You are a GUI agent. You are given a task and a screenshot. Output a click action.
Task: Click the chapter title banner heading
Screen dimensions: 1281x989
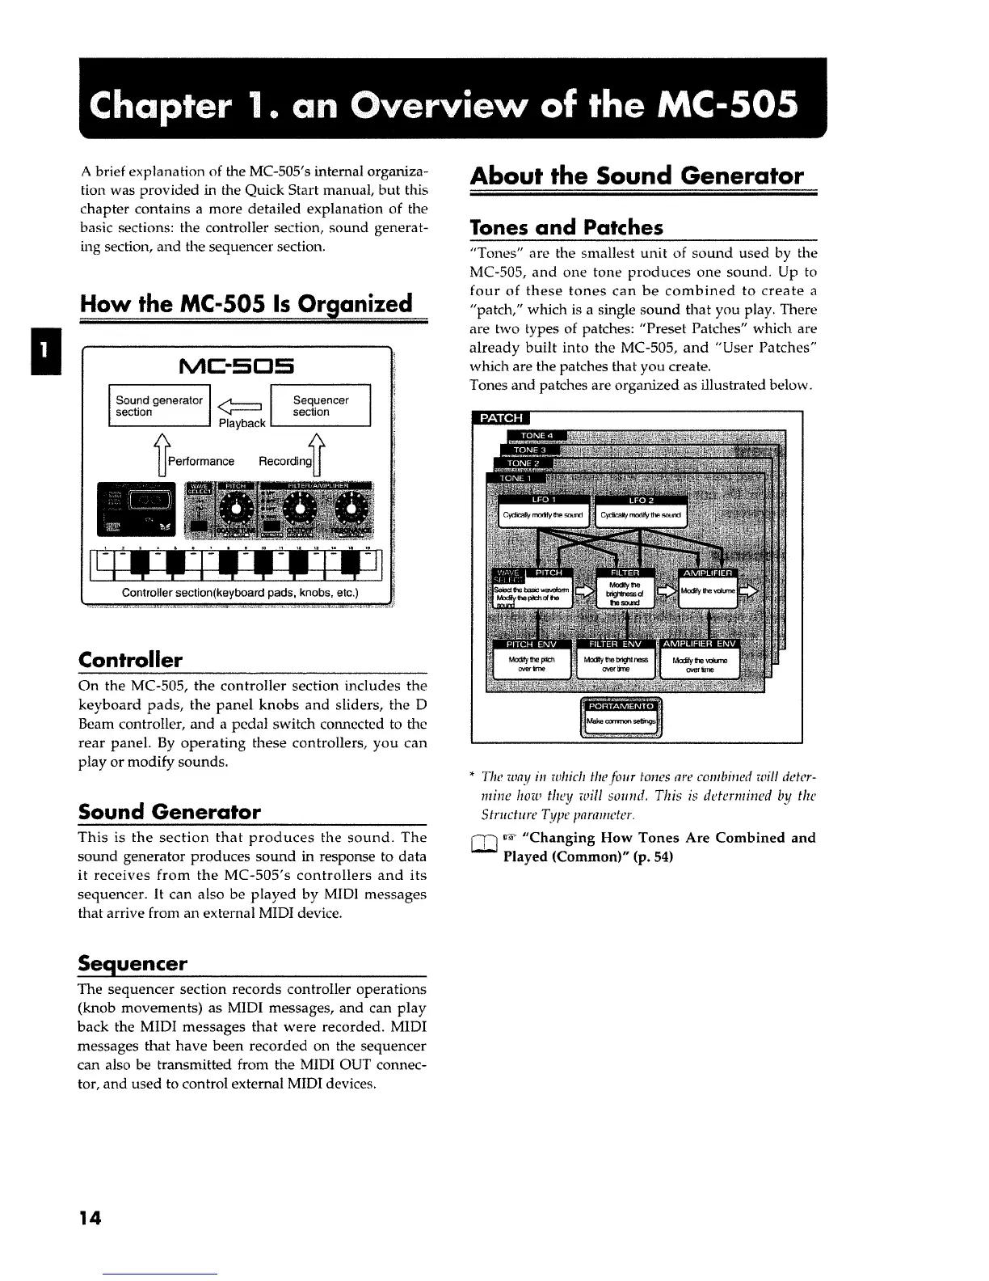[444, 106]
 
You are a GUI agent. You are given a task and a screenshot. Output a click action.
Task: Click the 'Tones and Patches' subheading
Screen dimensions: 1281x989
[566, 226]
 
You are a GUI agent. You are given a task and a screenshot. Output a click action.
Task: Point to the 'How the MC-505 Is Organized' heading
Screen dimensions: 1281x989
[246, 304]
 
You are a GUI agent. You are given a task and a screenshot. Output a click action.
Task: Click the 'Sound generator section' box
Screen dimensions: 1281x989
[159, 406]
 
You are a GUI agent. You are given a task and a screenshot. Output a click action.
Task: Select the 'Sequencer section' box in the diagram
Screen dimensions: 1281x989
[320, 406]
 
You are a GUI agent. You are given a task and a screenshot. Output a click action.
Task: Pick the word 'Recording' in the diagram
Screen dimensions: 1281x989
[284, 461]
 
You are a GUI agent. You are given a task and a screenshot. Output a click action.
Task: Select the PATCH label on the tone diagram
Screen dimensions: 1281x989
[500, 418]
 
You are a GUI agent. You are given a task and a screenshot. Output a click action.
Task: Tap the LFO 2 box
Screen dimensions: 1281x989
[641, 510]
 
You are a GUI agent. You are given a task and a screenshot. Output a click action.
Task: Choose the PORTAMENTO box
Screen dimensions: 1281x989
[621, 716]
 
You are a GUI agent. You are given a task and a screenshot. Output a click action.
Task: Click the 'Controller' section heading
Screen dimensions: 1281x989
[130, 659]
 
